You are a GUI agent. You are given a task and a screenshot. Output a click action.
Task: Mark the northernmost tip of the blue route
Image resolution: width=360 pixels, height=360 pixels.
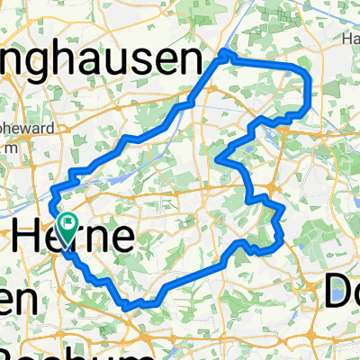click(x=226, y=53)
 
